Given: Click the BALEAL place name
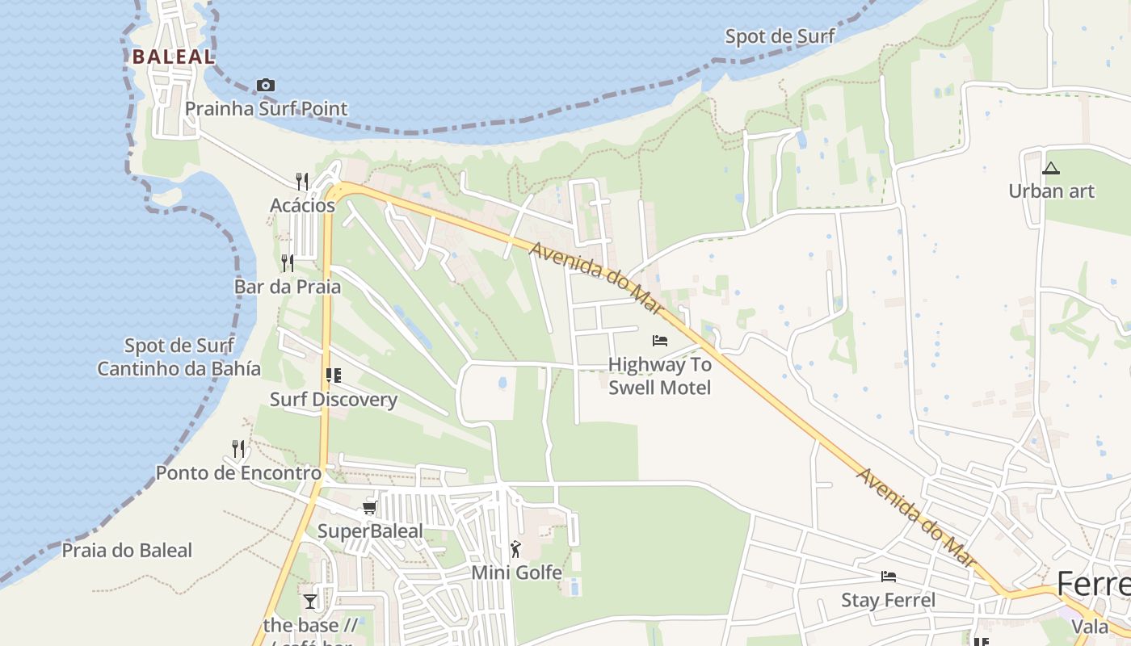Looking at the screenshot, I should click(x=174, y=57).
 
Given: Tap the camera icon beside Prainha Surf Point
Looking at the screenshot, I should click(x=266, y=85).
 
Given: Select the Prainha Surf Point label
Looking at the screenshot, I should click(x=266, y=109).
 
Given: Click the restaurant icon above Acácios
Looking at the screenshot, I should click(x=302, y=181).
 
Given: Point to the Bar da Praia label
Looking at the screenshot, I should click(x=288, y=287).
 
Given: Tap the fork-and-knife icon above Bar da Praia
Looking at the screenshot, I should click(x=288, y=262).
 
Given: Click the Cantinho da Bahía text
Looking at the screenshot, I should click(x=179, y=369).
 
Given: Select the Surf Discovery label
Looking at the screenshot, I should click(x=334, y=400).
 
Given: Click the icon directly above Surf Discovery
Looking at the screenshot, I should click(x=333, y=375).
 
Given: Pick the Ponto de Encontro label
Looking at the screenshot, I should click(x=238, y=473).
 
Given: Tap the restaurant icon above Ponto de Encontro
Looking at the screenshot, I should click(x=238, y=448).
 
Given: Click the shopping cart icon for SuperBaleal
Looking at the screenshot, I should click(x=369, y=507).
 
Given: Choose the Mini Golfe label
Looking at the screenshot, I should click(x=516, y=573).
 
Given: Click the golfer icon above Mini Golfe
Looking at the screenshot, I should click(x=515, y=549).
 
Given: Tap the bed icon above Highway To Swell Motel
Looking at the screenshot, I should click(x=660, y=341).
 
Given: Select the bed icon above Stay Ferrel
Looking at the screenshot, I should click(x=889, y=577).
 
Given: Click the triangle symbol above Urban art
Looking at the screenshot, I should click(x=1050, y=168).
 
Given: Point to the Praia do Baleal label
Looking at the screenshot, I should click(x=128, y=551).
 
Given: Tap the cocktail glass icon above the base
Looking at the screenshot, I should click(x=310, y=602).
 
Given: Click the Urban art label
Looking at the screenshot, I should click(x=1051, y=191).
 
